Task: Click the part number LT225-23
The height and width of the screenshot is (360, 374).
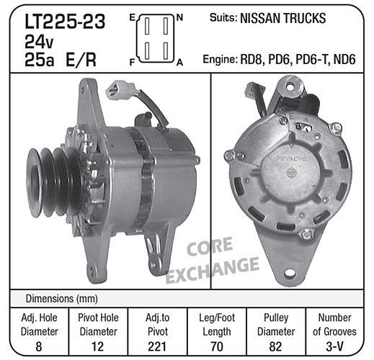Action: [65, 22]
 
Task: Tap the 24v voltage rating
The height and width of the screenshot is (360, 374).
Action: [39, 42]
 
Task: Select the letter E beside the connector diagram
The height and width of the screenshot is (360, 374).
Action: [132, 17]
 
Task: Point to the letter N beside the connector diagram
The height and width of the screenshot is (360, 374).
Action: [179, 17]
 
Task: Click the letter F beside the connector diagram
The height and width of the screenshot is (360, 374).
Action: [132, 63]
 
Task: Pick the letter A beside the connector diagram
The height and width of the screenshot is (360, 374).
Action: [179, 63]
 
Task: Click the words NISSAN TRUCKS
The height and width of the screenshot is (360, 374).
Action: [283, 19]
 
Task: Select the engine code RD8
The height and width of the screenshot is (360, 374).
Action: [251, 59]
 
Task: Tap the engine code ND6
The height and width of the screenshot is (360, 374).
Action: [344, 59]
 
